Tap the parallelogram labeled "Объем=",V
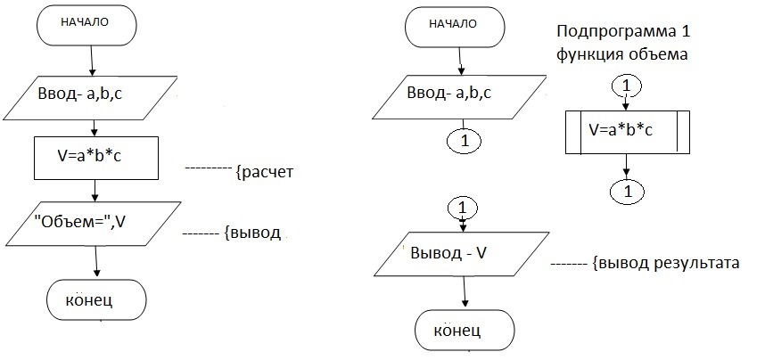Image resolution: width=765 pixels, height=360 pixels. (x=93, y=224)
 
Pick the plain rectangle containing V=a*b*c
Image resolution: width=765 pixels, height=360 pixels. (x=96, y=158)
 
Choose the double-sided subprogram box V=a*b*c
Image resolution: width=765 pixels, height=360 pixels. (x=628, y=132)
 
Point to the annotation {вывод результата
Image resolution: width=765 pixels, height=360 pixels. (x=665, y=263)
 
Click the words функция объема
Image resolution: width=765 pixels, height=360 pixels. (x=621, y=54)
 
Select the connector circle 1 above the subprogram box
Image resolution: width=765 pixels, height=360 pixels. (x=627, y=86)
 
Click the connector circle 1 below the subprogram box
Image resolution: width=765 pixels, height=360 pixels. (x=628, y=192)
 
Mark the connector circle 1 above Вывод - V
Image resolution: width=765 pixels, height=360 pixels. (x=463, y=209)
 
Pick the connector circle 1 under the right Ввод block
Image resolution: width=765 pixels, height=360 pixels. (x=464, y=141)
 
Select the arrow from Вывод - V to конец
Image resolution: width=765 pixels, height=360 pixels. (x=465, y=292)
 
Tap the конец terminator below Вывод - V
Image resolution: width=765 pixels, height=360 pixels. (x=465, y=330)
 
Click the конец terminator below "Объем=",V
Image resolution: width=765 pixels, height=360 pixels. (x=96, y=299)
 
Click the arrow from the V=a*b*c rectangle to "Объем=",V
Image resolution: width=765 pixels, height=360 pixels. (x=95, y=191)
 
